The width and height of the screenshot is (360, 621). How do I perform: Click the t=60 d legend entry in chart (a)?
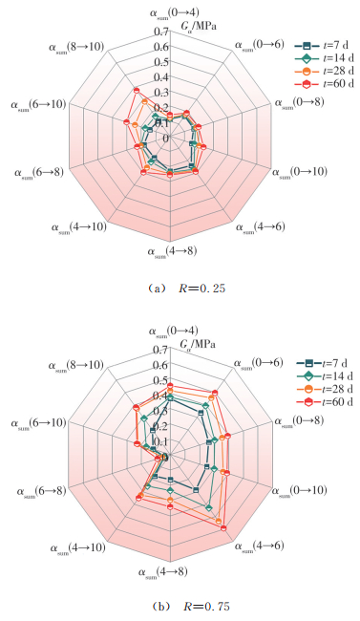pyautogui.click(x=324, y=84)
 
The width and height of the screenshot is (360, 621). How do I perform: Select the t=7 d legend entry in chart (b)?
pyautogui.click(x=323, y=363)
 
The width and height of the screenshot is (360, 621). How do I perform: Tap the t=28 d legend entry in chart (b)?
pyautogui.click(x=324, y=389)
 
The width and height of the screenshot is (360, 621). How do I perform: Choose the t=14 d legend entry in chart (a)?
pyautogui.click(x=324, y=58)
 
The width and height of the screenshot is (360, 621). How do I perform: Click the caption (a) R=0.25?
pyautogui.click(x=186, y=289)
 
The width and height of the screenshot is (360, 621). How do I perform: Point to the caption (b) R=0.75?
pyautogui.click(x=190, y=606)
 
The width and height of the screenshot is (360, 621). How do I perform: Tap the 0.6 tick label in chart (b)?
pyautogui.click(x=161, y=365)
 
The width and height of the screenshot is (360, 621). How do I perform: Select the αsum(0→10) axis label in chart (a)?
pyautogui.click(x=300, y=172)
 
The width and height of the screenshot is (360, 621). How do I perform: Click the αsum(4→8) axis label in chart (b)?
pyautogui.click(x=162, y=572)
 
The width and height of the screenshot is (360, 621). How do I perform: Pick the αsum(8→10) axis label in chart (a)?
pyautogui.click(x=76, y=48)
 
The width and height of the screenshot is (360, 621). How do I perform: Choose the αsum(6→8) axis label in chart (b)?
pyautogui.click(x=41, y=492)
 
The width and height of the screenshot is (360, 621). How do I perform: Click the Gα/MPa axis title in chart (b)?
pyautogui.click(x=198, y=345)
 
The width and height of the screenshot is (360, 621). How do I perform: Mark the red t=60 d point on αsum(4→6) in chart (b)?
pyautogui.click(x=223, y=528)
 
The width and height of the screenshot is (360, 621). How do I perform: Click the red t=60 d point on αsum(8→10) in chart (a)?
pyautogui.click(x=137, y=91)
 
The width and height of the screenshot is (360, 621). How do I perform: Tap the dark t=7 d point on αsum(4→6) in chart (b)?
pyautogui.click(x=195, y=490)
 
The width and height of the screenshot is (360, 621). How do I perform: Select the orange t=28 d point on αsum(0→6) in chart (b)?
pyautogui.click(x=211, y=398)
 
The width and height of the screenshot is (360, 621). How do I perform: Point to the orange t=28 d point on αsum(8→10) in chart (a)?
pyautogui.click(x=144, y=102)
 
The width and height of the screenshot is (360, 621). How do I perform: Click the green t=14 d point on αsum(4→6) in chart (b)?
pyautogui.click(x=209, y=508)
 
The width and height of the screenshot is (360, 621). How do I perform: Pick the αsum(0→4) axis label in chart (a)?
pyautogui.click(x=175, y=12)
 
